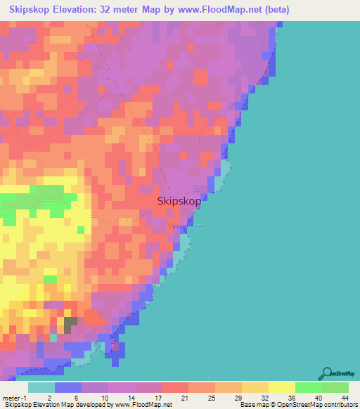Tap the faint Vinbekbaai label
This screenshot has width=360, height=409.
[187, 226]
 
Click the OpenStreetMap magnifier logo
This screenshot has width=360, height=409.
[327, 373]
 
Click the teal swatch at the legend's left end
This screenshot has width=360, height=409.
[41, 387]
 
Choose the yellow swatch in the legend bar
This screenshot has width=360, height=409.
[281, 387]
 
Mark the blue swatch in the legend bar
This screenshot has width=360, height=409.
[68, 387]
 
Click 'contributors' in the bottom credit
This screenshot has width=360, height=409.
[339, 405]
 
